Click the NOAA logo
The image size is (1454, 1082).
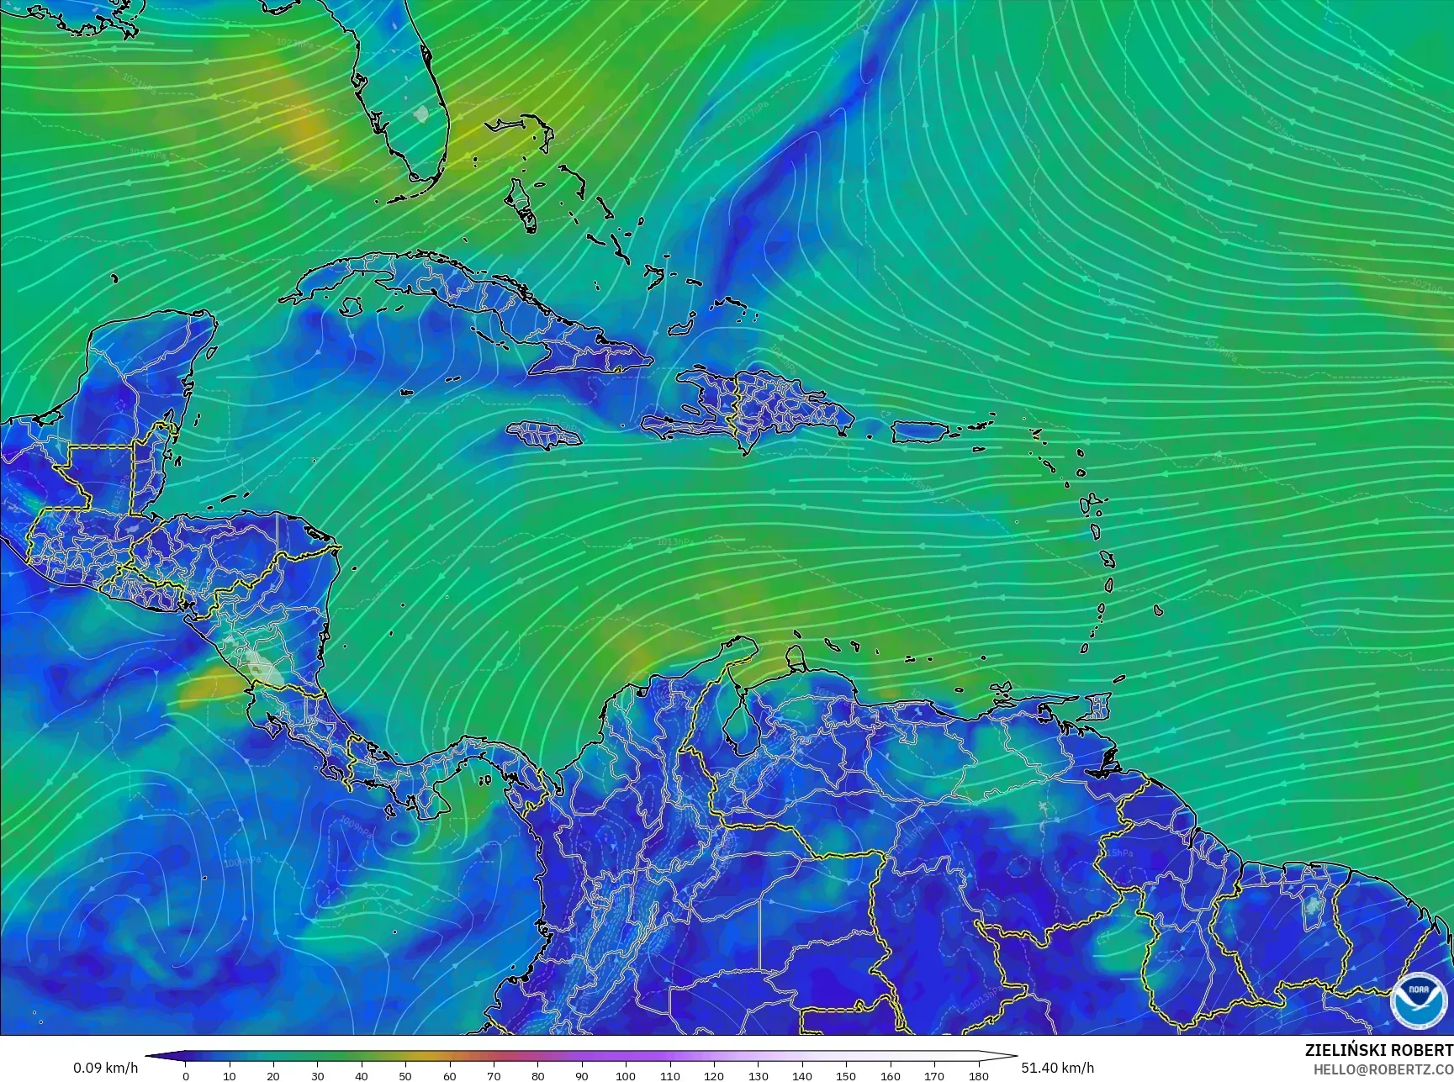pyautogui.click(x=1419, y=1000)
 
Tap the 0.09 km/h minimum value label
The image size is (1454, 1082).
pyautogui.click(x=106, y=1068)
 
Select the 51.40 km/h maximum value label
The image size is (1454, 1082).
pyautogui.click(x=1057, y=1068)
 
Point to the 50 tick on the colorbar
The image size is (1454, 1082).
pyautogui.click(x=405, y=1075)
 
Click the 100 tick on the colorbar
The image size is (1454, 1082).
pyautogui.click(x=625, y=1075)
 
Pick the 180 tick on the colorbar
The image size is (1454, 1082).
pyautogui.click(x=978, y=1075)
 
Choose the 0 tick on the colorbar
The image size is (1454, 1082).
pyautogui.click(x=186, y=1075)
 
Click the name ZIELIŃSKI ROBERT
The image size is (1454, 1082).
pyautogui.click(x=1378, y=1050)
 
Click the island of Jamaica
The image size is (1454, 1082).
pyautogui.click(x=544, y=435)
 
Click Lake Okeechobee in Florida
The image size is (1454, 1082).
pyautogui.click(x=421, y=112)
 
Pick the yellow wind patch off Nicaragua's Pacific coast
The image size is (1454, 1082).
pyautogui.click(x=208, y=687)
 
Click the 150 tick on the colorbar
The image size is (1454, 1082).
pyautogui.click(x=846, y=1075)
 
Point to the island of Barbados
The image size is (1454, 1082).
pyautogui.click(x=1158, y=611)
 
